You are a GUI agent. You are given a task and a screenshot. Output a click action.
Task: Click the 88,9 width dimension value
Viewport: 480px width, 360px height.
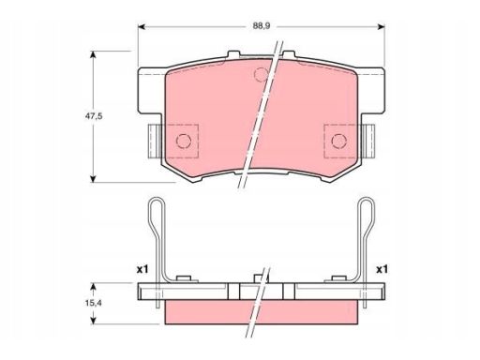click(x=262, y=26)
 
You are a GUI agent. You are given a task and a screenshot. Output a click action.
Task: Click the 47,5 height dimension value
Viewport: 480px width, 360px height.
click(x=94, y=116)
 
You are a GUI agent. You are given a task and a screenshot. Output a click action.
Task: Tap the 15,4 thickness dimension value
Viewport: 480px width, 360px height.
click(x=94, y=303)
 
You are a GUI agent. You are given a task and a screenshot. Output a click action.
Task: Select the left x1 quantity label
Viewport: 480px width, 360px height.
click(x=142, y=269)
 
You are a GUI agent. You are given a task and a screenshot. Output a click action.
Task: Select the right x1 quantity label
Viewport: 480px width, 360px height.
click(x=382, y=269)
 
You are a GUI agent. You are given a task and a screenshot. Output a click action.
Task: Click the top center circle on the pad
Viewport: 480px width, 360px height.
click(x=262, y=74)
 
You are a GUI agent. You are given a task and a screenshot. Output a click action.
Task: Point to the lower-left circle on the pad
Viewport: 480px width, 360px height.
click(x=184, y=141)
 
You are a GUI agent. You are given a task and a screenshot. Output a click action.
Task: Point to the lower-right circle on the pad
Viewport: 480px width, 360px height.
click(x=339, y=141)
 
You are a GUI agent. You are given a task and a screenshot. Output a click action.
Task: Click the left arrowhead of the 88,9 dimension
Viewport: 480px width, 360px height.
click(x=142, y=27)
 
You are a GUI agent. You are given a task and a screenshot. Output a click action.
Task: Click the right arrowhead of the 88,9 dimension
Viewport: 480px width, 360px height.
click(x=381, y=27)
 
